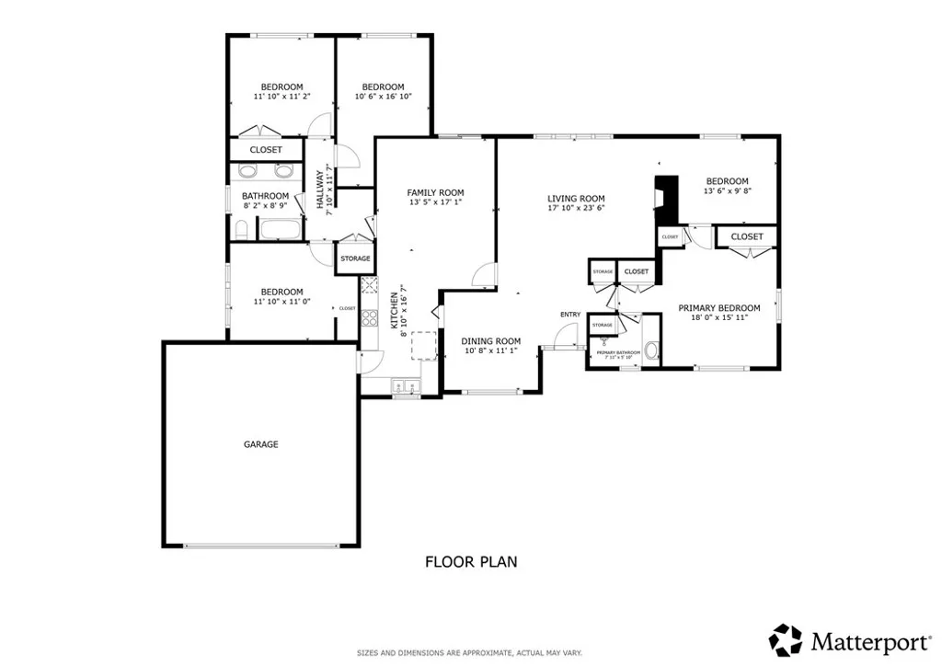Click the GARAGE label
pyautogui.click(x=260, y=444)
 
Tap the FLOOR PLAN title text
pyautogui.click(x=470, y=561)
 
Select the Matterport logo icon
pyautogui.click(x=785, y=639)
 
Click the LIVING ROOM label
pyautogui.click(x=576, y=198)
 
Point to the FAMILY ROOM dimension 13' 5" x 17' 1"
pyautogui.click(x=435, y=202)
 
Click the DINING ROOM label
pyautogui.click(x=490, y=340)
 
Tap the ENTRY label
pyautogui.click(x=569, y=315)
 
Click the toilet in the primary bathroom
pyautogui.click(x=651, y=350)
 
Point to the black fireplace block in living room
pyautogui.click(x=665, y=198)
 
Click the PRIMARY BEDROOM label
pyautogui.click(x=719, y=308)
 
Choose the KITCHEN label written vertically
pyautogui.click(x=395, y=311)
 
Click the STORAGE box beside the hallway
pyautogui.click(x=355, y=258)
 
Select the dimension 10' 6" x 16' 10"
pyautogui.click(x=383, y=96)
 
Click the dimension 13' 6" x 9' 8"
pyautogui.click(x=727, y=191)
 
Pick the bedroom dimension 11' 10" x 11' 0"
pyautogui.click(x=281, y=301)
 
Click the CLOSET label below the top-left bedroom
pyautogui.click(x=266, y=149)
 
